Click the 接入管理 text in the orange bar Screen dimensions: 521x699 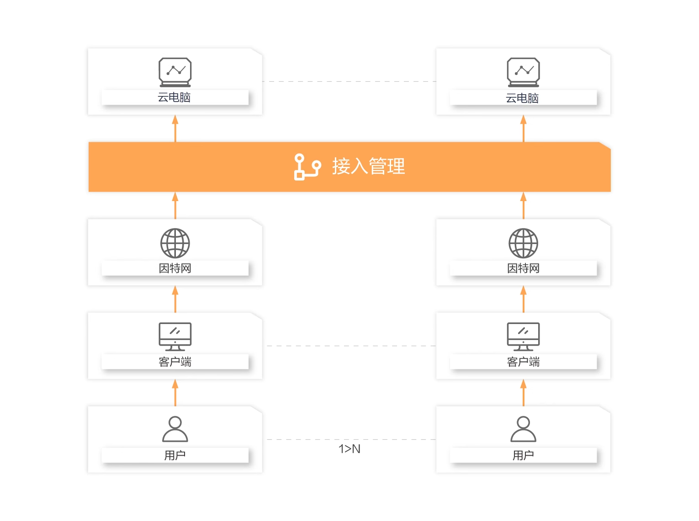pyautogui.click(x=368, y=166)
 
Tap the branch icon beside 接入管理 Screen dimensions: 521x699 pyautogui.click(x=307, y=167)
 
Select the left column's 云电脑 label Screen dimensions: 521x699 pyautogui.click(x=174, y=97)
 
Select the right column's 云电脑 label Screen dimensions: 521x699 pyautogui.click(x=522, y=98)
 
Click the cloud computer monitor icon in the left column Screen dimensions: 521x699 pyautogui.click(x=175, y=72)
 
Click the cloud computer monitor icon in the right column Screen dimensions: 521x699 pyautogui.click(x=523, y=72)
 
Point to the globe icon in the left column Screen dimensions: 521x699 pyautogui.click(x=175, y=243)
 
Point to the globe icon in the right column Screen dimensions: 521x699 pyautogui.click(x=523, y=243)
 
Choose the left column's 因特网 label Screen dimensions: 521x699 pyautogui.click(x=175, y=268)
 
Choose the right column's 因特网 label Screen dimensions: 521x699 pyautogui.click(x=523, y=268)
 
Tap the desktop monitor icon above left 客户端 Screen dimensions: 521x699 pyautogui.click(x=175, y=336)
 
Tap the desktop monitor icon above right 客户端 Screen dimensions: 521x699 pyautogui.click(x=523, y=336)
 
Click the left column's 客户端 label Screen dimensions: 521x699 pyautogui.click(x=175, y=362)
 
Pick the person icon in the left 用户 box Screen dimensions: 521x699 pyautogui.click(x=175, y=429)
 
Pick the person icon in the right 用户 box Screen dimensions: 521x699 pyautogui.click(x=523, y=429)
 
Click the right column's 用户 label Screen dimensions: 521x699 pyautogui.click(x=523, y=455)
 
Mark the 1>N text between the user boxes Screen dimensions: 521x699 pyautogui.click(x=349, y=449)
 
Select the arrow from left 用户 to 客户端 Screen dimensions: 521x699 pyautogui.click(x=175, y=393)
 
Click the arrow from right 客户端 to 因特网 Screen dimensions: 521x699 pyautogui.click(x=524, y=299)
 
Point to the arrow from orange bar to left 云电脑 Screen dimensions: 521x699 pyautogui.click(x=175, y=128)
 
